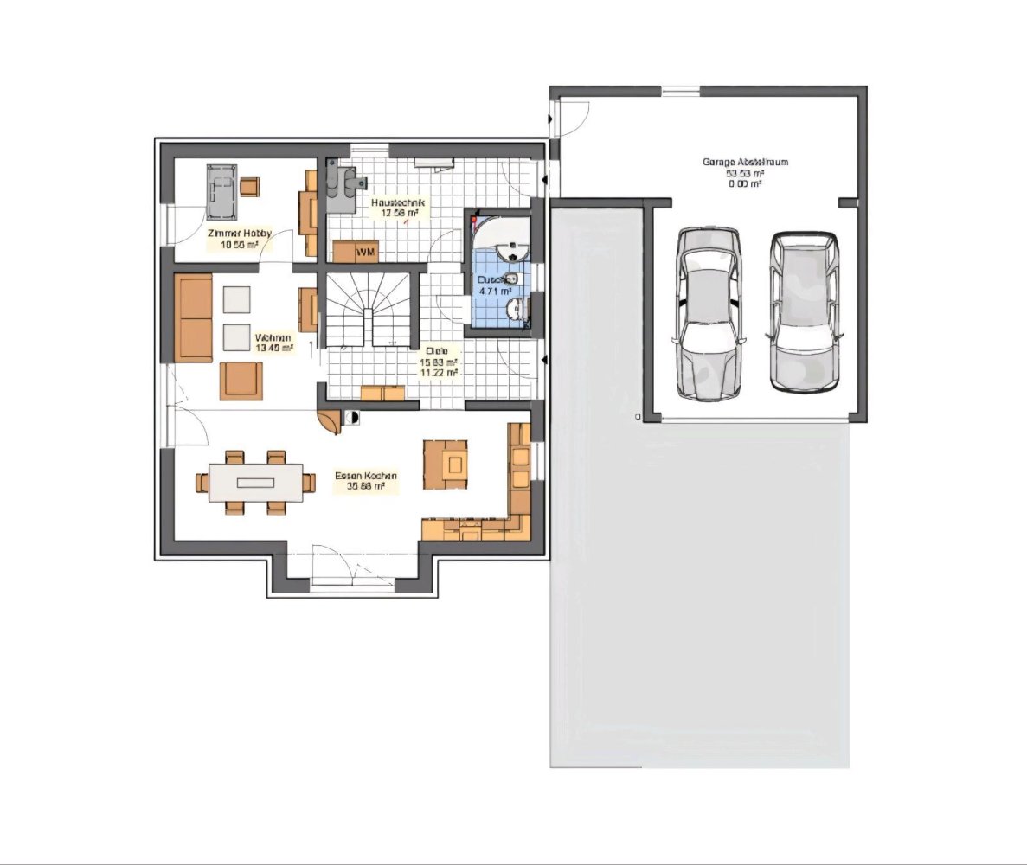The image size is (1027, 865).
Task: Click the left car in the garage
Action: coord(709,311)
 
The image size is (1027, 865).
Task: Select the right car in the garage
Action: coord(806,311)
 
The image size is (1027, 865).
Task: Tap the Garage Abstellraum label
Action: coord(733,162)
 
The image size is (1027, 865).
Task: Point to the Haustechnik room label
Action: coord(395,202)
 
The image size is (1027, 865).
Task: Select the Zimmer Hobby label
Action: coord(239,234)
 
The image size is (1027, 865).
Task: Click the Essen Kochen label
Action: coord(366,476)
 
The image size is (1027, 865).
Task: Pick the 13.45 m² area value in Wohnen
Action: coord(273,348)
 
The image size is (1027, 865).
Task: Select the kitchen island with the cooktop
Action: coord(446,465)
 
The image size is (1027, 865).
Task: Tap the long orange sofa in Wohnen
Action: coord(194,317)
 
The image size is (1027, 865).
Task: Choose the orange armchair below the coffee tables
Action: coord(241,381)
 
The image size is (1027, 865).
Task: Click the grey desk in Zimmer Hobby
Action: coord(222,191)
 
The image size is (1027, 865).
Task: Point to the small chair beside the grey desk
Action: coord(250,186)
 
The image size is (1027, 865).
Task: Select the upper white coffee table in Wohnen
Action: coord(237,298)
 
